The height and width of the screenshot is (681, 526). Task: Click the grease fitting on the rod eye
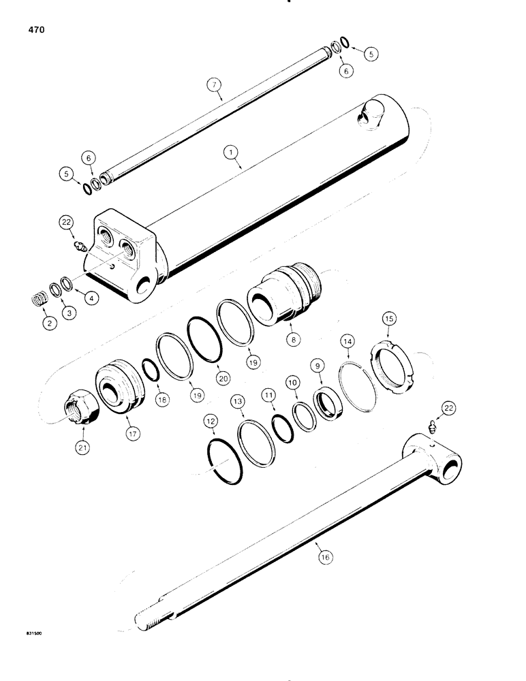click(429, 428)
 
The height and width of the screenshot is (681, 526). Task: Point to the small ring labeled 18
click(151, 373)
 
